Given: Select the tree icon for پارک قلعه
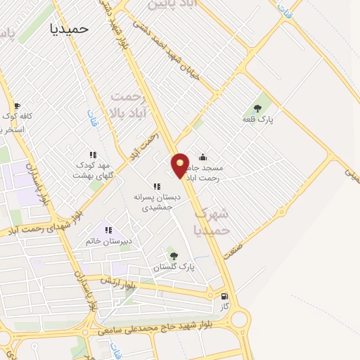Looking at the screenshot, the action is click(x=257, y=108).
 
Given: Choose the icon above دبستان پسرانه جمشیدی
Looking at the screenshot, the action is click(x=157, y=186).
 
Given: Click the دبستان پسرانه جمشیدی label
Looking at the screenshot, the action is click(x=157, y=202).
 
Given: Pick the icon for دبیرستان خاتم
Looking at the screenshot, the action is click(x=109, y=229).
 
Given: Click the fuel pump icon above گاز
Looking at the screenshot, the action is click(x=224, y=297).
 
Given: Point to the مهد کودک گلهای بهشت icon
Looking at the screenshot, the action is click(x=91, y=155).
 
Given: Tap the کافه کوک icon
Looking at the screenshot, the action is click(x=17, y=105).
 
